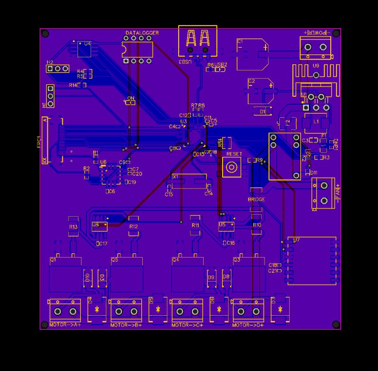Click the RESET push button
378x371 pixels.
click(232, 167)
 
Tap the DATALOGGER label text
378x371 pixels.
click(142, 33)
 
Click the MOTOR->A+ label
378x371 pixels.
click(65, 325)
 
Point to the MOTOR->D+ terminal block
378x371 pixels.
click(249, 311)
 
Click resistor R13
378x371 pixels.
click(73, 226)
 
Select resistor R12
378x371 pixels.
click(134, 226)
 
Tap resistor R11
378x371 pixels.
click(195, 225)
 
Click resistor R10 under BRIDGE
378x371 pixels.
click(257, 225)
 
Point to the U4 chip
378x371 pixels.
click(85, 49)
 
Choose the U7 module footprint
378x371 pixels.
click(311, 261)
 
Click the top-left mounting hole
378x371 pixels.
click(45, 34)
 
